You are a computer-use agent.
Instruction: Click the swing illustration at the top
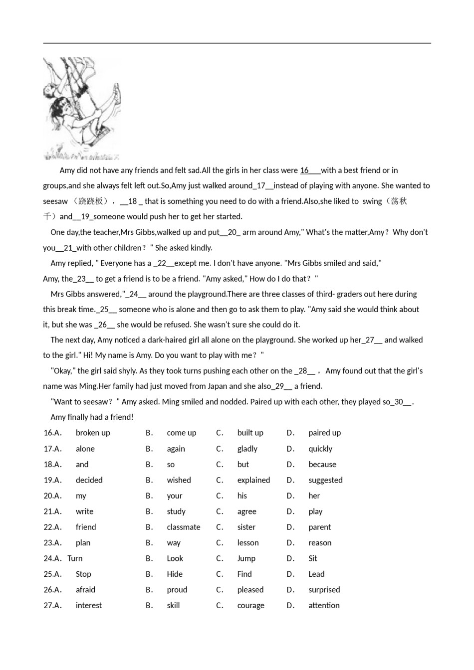(x=82, y=109)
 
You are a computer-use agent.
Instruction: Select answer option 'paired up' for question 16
(x=324, y=433)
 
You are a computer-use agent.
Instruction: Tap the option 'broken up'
(x=93, y=433)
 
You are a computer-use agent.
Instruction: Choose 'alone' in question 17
(x=85, y=449)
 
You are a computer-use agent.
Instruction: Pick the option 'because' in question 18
(x=322, y=464)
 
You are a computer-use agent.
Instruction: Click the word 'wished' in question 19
(x=179, y=480)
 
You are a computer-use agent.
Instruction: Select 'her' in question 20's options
(x=314, y=496)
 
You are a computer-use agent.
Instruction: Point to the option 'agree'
(x=246, y=511)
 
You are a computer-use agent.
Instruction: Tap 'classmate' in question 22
(x=184, y=527)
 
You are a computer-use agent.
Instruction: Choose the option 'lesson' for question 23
(x=248, y=543)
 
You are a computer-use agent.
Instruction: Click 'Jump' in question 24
(x=246, y=558)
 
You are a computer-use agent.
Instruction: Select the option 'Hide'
(x=175, y=574)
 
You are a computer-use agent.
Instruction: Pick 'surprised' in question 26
(x=324, y=590)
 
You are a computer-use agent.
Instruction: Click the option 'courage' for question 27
(x=250, y=606)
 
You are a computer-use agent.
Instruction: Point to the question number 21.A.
(x=52, y=511)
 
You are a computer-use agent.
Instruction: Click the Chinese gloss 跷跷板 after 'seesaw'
(x=91, y=201)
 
